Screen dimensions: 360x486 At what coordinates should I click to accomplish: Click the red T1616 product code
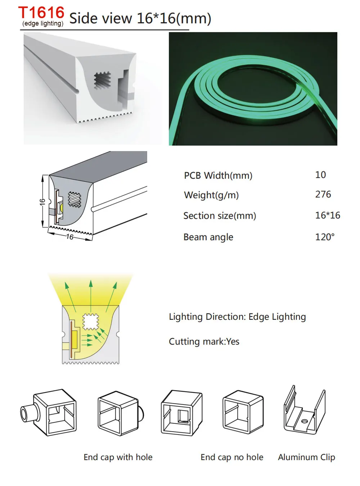coord(41,13)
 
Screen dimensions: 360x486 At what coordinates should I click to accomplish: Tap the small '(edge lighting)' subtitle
coord(43,24)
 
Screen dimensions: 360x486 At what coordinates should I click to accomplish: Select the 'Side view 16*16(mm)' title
coord(140,18)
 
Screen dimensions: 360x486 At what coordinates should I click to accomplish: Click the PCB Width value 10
coord(320,175)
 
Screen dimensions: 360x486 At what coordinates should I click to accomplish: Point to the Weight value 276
coord(323,194)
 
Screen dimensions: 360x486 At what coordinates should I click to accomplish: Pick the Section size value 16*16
coord(328,215)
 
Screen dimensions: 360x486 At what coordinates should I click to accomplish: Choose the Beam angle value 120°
coord(325,237)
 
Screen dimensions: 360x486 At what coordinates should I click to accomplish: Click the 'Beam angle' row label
coord(208,237)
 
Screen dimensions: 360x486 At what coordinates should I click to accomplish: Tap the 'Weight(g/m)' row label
coord(211,195)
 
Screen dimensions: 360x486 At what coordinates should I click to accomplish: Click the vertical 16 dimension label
coord(42,201)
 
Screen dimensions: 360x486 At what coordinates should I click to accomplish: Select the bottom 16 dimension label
coord(69,237)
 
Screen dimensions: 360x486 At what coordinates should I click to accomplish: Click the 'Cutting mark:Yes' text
coord(204,341)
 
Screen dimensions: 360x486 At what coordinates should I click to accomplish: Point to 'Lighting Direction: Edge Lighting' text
coord(237,317)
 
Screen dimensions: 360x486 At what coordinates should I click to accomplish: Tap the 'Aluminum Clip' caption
coord(306,457)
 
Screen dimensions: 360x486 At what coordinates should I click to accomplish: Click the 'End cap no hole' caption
coord(232,457)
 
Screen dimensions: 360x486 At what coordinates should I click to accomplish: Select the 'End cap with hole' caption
coord(118,457)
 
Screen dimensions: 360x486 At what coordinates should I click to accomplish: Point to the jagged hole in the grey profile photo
coord(102,81)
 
